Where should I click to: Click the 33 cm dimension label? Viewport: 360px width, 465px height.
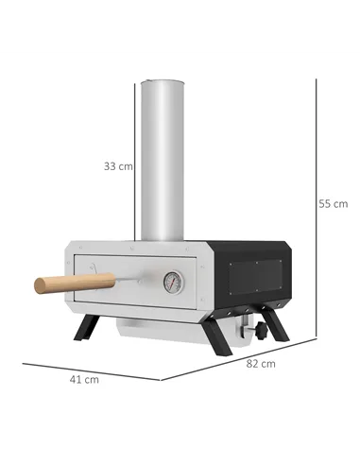click(118, 165)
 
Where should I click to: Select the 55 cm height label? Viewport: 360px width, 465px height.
click(333, 203)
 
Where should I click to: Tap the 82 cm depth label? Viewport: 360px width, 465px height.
click(262, 363)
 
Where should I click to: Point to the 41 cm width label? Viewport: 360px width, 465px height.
click(85, 380)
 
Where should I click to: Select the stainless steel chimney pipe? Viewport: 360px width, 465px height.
click(162, 161)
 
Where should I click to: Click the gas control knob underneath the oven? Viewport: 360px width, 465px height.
click(249, 331)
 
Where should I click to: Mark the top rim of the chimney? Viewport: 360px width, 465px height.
click(162, 82)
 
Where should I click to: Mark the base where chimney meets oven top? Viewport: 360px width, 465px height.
click(162, 238)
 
